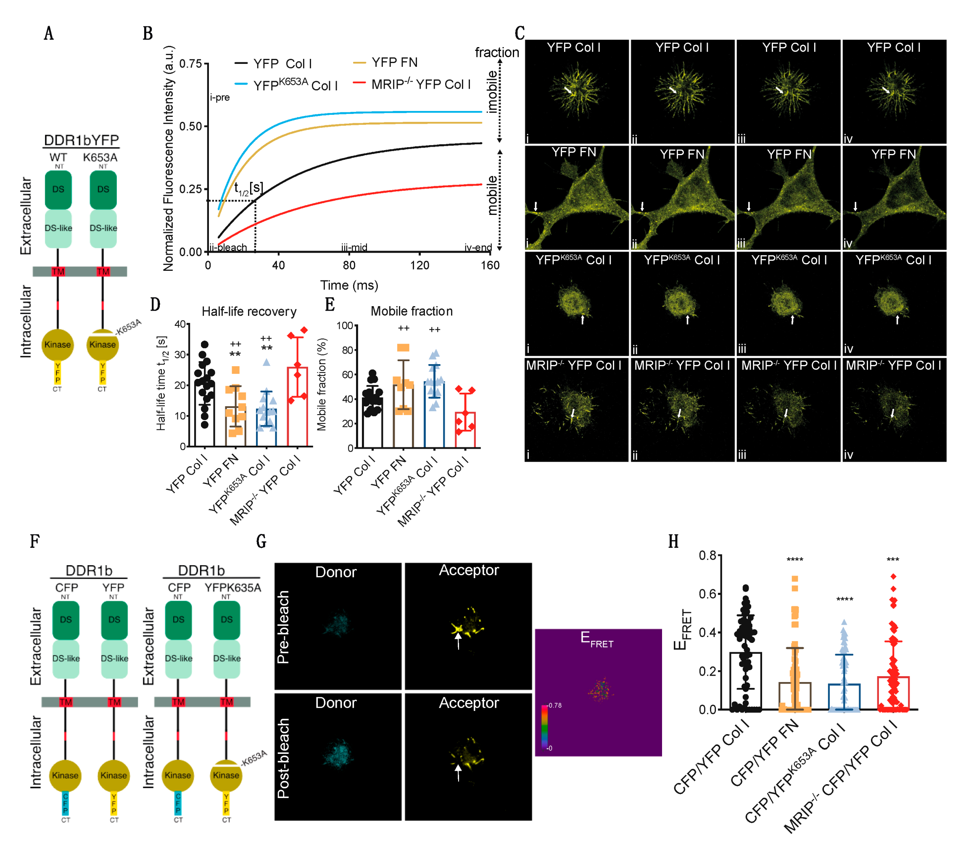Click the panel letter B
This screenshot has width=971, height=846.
(148, 34)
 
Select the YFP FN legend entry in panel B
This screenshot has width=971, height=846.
(394, 62)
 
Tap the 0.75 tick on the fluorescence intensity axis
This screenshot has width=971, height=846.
(190, 64)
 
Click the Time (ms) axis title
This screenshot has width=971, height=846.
(349, 285)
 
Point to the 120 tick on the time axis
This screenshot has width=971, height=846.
(420, 265)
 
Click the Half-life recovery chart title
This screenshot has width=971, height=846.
(249, 312)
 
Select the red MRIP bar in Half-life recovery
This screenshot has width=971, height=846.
(297, 407)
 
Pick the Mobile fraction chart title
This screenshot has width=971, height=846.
(411, 311)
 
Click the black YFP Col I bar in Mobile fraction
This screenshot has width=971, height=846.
(372, 423)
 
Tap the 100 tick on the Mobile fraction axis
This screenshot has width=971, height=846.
(345, 326)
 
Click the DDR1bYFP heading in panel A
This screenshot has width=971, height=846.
(81, 140)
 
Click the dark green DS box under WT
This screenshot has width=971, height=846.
(58, 189)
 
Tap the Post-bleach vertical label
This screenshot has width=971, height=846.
(283, 758)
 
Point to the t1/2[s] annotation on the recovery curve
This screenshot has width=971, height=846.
(249, 189)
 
